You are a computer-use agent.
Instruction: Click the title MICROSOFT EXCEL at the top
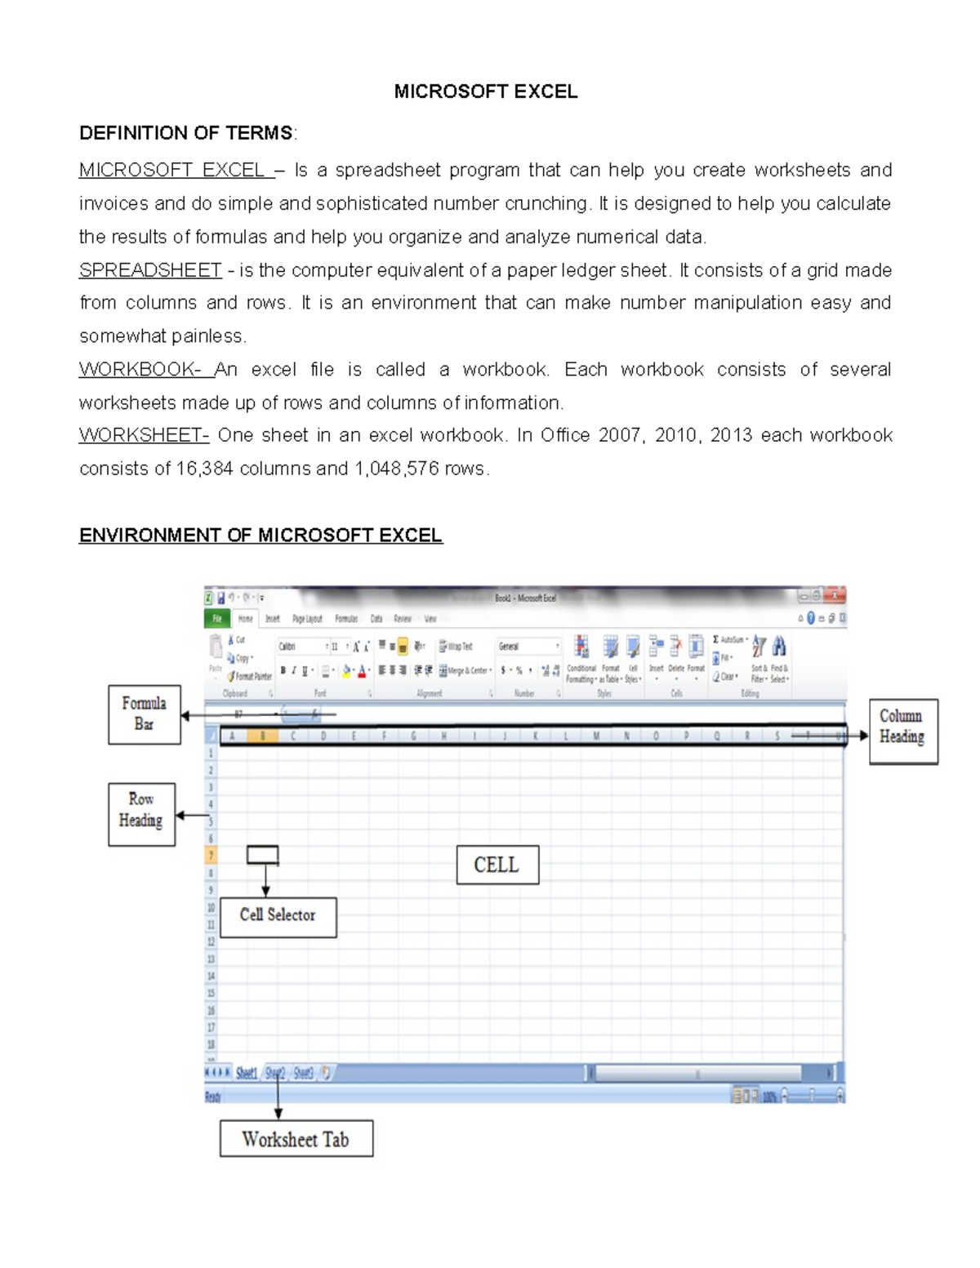coord(485,91)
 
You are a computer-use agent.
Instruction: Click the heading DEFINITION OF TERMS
coord(185,132)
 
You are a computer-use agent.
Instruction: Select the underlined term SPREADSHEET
coord(150,270)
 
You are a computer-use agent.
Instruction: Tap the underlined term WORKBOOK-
coord(140,370)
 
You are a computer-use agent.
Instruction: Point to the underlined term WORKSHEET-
coord(144,435)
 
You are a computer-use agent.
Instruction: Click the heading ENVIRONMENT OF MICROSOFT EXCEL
coord(261,536)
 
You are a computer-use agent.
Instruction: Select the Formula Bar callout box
coord(145,714)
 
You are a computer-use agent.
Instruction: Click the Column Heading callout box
coord(903,732)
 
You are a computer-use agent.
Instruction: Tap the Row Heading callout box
coord(141,814)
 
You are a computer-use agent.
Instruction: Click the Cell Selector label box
coord(278,916)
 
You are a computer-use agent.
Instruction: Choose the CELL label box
coord(497,865)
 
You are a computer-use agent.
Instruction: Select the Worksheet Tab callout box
coord(296,1138)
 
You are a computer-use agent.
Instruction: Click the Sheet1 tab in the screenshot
coord(246,1073)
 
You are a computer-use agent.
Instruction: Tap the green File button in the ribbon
coord(216,619)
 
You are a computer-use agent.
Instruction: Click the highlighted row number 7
coord(211,856)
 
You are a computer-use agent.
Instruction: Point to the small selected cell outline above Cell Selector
coord(262,855)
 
